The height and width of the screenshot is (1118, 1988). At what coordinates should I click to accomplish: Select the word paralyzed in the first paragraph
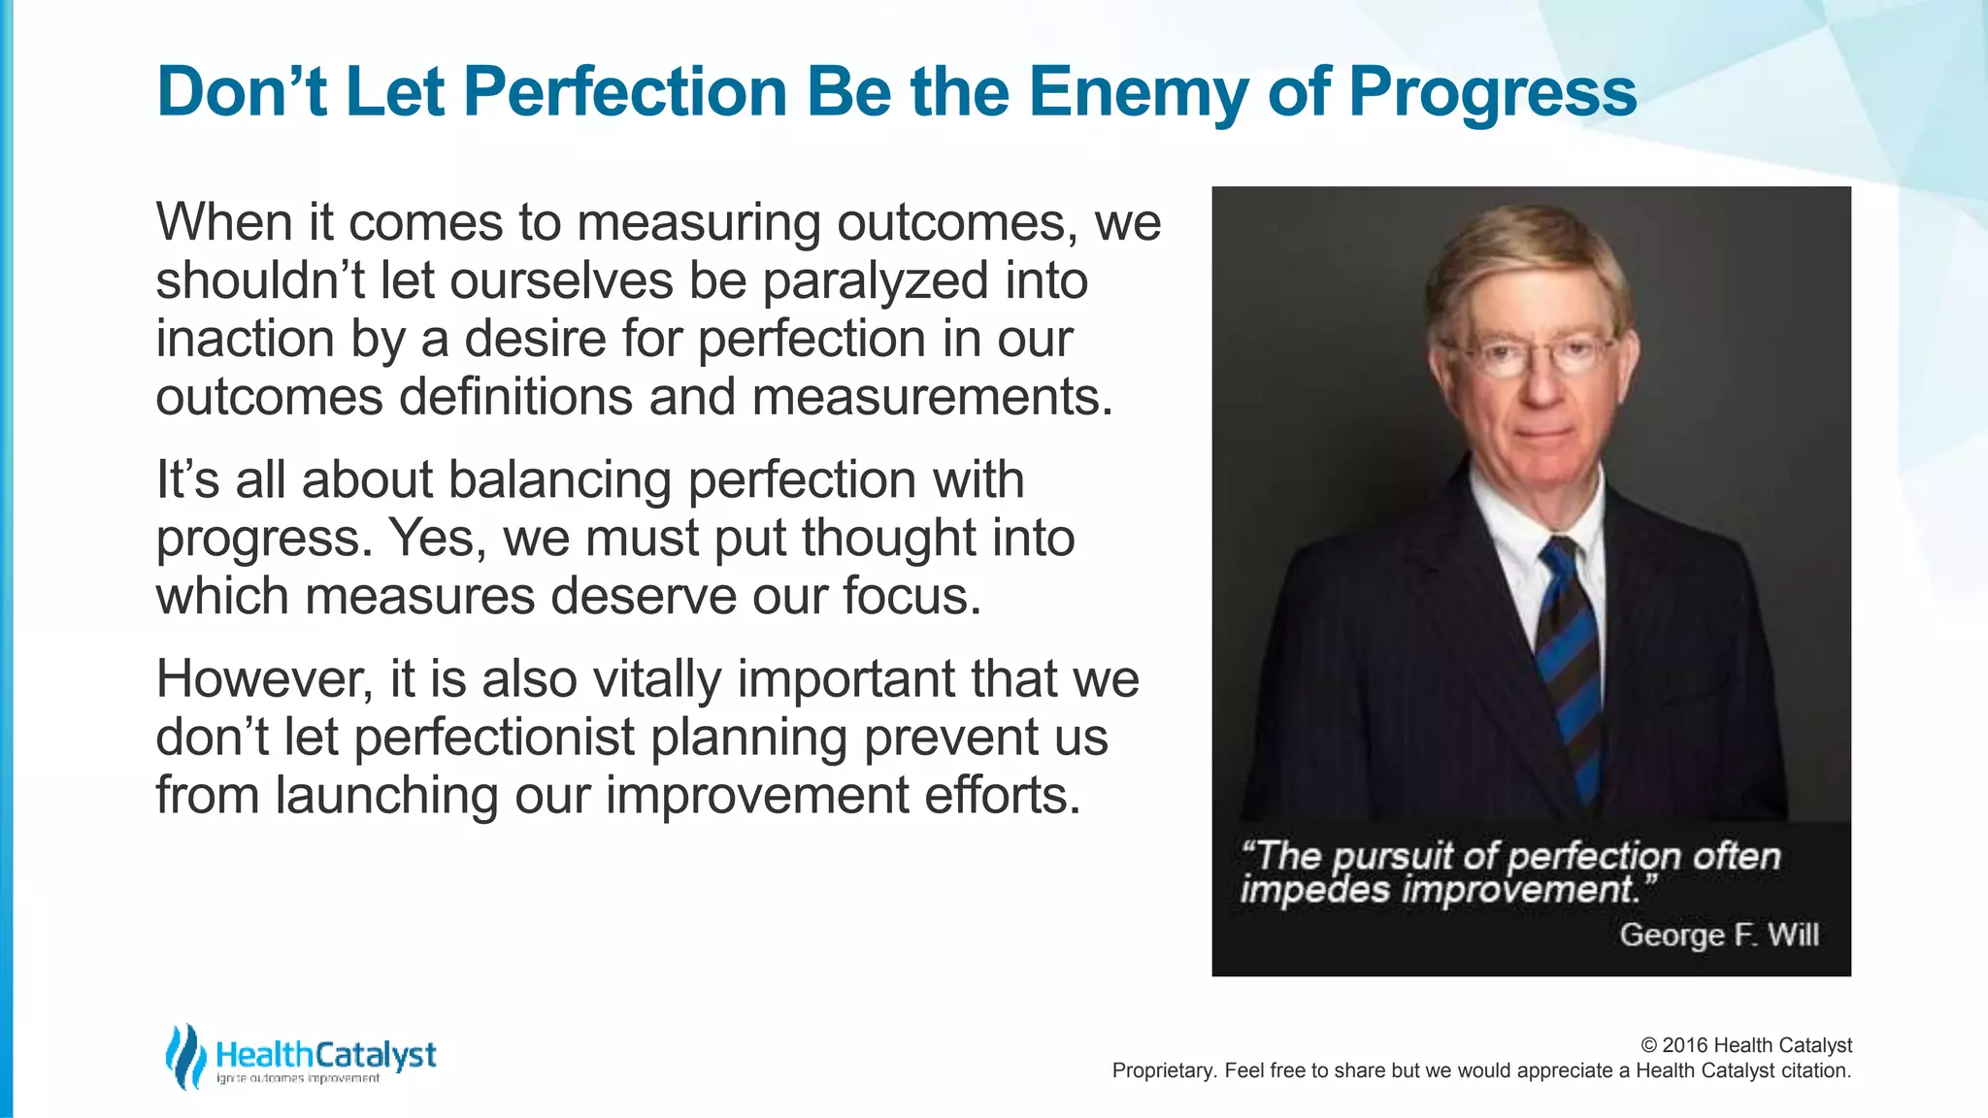click(875, 281)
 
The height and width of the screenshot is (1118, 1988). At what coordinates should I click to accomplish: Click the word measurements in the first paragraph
click(932, 398)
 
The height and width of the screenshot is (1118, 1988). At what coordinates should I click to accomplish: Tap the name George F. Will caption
click(1718, 935)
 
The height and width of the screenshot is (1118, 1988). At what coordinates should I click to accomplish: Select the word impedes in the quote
click(1314, 890)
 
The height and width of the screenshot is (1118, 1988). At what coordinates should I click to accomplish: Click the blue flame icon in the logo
click(184, 1056)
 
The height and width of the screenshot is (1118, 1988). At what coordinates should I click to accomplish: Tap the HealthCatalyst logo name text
click(326, 1054)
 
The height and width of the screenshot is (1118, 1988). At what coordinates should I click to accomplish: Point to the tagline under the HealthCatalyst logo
click(298, 1078)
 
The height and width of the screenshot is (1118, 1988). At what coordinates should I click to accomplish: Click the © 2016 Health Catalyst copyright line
click(1745, 1045)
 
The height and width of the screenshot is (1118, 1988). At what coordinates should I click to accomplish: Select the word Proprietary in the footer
click(1163, 1070)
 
